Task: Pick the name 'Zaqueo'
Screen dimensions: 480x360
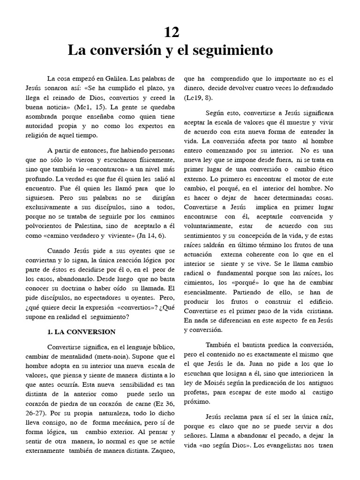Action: click(163, 451)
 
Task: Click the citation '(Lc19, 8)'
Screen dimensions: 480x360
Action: click(198, 97)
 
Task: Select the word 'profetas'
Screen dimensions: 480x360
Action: click(197, 392)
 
